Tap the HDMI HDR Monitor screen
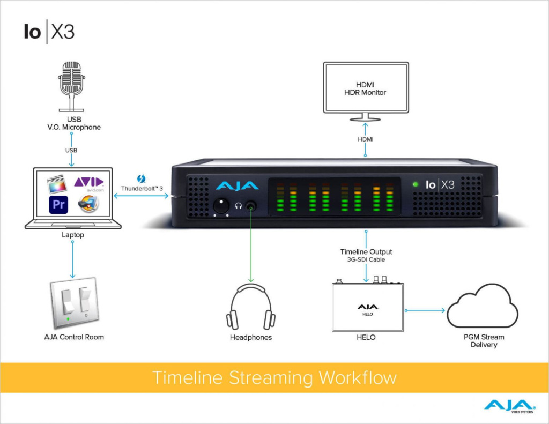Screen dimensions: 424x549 point(366,88)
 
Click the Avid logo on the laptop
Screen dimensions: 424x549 point(89,184)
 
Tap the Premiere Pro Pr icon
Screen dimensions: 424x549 point(57,205)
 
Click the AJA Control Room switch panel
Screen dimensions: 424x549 point(75,303)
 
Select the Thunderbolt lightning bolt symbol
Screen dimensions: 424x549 point(142,179)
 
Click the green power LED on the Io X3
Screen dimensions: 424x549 point(416,184)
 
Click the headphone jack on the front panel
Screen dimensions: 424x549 point(250,205)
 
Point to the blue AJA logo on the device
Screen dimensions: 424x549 point(236,186)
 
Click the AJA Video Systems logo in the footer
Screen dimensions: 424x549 point(509,406)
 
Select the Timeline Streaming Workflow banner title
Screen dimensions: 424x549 point(274,377)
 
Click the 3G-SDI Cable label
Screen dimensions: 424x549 point(366,260)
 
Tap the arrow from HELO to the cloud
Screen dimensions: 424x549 point(425,310)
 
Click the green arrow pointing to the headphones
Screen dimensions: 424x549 point(250,247)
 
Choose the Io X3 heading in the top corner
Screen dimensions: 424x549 point(49,32)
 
